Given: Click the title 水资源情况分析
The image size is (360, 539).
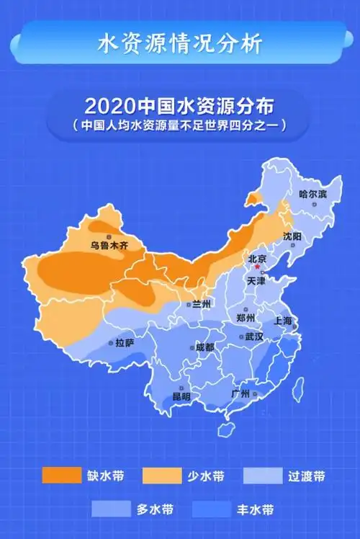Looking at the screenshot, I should [179, 43].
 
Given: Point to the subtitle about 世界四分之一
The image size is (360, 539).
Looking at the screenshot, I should [179, 125].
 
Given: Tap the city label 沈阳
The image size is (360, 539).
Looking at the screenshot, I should [292, 236].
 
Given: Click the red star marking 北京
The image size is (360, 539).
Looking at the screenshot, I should [257, 267].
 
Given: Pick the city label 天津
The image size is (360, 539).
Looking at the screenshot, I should [256, 280].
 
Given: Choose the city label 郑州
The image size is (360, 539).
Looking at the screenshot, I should [246, 317].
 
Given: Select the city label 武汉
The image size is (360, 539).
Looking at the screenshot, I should [253, 337].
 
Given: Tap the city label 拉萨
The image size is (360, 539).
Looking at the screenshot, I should [125, 343].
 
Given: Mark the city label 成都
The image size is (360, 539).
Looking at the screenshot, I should [204, 347].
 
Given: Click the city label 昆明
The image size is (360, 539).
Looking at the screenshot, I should [181, 397].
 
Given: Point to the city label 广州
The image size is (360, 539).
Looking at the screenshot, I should [240, 394].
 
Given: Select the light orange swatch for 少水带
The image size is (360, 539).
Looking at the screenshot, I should [162, 476].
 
